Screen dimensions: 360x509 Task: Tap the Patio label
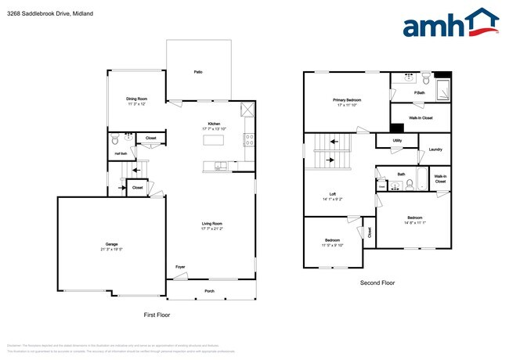pos(198,72)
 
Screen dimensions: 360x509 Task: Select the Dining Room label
pos(137,99)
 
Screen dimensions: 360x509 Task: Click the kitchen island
pos(215,140)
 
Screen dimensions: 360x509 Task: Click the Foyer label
pos(180,267)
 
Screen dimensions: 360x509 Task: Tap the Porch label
pos(209,290)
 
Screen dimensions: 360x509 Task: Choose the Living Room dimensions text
pos(211,229)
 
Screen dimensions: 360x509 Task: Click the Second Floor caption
pos(377,283)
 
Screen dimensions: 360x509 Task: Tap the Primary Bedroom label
pos(347,100)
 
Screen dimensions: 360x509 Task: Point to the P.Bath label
pos(420,93)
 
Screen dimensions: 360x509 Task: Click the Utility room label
pos(397,141)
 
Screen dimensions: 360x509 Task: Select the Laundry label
pos(435,149)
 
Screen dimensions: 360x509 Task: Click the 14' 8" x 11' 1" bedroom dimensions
pos(414,223)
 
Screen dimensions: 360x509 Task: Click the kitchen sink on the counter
pos(221,164)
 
